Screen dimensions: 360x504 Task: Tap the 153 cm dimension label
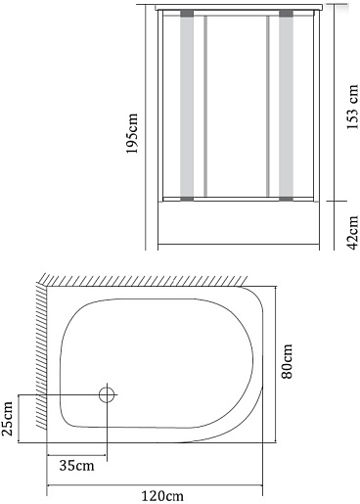click(352, 107)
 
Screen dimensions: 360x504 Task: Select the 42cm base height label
click(353, 233)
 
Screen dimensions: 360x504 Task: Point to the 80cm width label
click(287, 361)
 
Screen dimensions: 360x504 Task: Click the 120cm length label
click(162, 496)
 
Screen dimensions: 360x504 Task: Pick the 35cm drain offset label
click(76, 466)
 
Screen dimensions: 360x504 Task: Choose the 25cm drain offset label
click(7, 419)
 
